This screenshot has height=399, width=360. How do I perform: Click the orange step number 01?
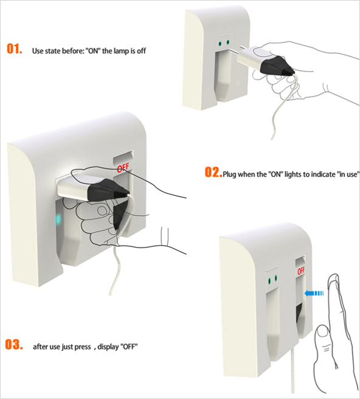click(x=14, y=48)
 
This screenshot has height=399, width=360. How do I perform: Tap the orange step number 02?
click(x=213, y=172)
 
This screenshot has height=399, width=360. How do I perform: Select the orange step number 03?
click(x=14, y=344)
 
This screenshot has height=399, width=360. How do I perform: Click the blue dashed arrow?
click(x=314, y=293)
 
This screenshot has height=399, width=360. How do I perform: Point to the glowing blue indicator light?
click(x=58, y=219)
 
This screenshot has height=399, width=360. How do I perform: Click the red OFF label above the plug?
click(x=123, y=168)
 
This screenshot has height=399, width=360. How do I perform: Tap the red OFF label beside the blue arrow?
click(x=301, y=271)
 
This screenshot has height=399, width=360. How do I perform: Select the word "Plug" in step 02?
click(x=229, y=175)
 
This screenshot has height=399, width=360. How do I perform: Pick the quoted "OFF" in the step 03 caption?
click(x=129, y=347)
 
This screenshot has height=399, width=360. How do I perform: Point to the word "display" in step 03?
click(x=108, y=347)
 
